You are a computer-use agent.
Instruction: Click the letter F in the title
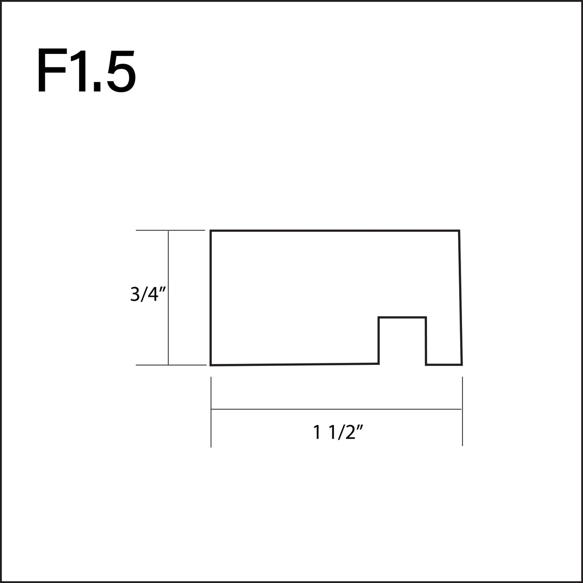coord(50,71)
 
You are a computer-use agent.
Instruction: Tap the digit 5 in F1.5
coord(121,71)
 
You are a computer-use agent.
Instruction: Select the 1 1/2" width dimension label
coord(339,432)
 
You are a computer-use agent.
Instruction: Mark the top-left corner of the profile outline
coord(211,231)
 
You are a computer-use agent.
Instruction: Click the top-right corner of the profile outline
coord(459,231)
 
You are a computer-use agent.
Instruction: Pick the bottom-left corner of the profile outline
coord(211,364)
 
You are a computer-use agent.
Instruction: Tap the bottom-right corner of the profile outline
coord(462,364)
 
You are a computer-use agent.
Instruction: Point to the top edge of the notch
coord(402,318)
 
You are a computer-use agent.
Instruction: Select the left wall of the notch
coord(379,340)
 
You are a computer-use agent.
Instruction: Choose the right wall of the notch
coord(426,340)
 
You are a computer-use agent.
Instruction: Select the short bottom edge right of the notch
coord(444,364)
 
